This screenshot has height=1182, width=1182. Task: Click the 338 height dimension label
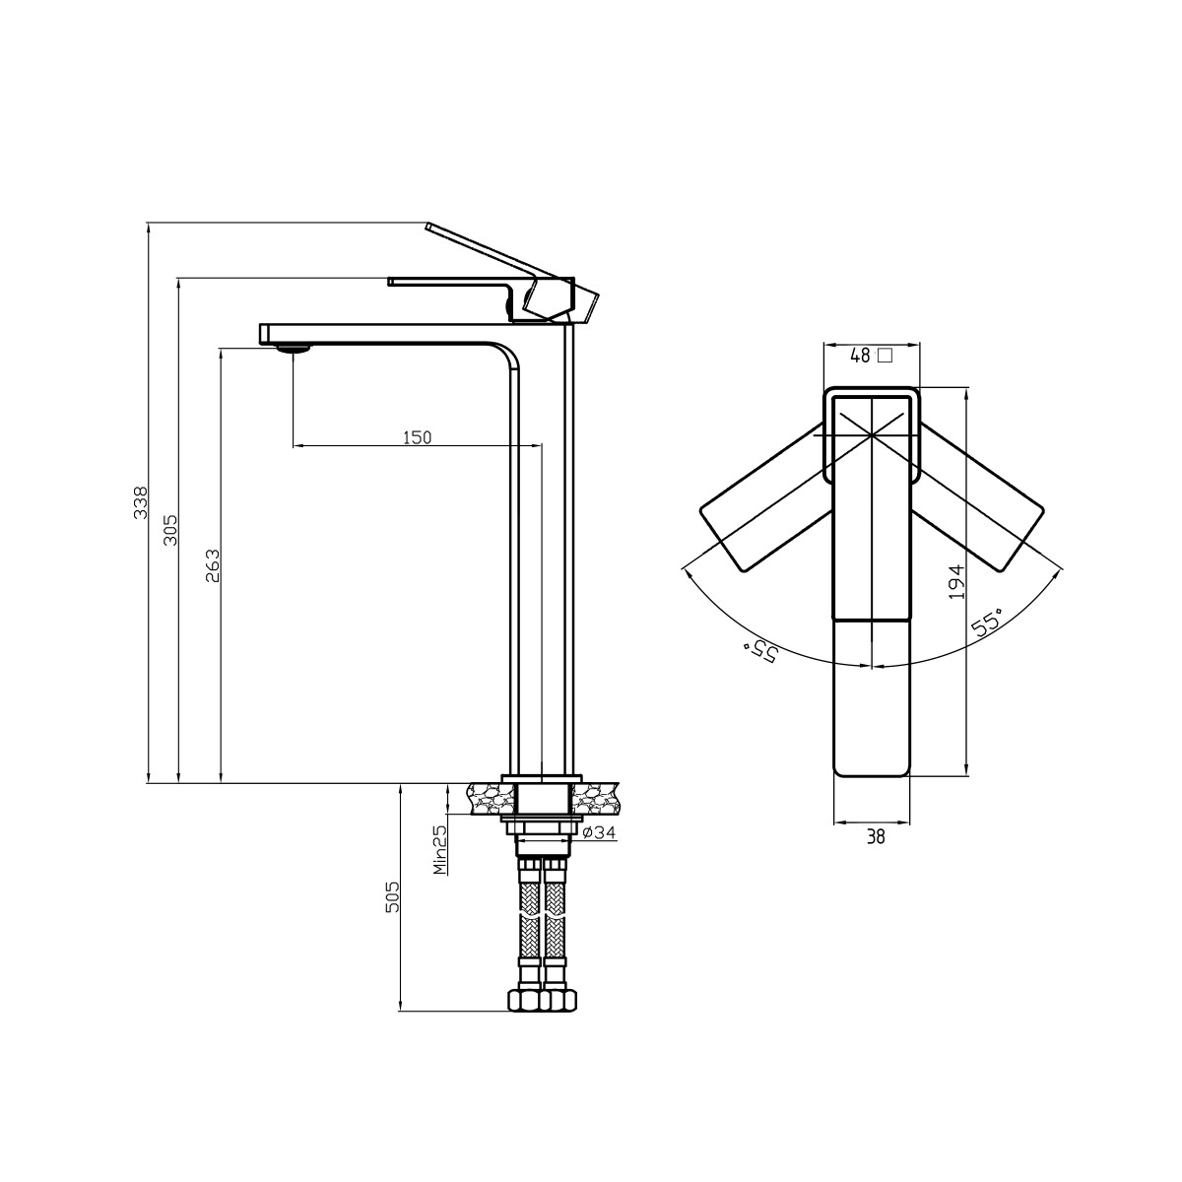pos(141,502)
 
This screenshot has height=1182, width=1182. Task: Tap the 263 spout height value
pos(212,565)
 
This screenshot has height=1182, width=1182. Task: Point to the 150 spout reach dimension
pos(417,437)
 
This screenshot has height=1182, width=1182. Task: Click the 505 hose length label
pos(392,896)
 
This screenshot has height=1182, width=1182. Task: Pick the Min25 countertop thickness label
pos(439,849)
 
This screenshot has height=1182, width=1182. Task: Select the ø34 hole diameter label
pos(599,832)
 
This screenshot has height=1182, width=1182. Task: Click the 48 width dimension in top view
pos(861,356)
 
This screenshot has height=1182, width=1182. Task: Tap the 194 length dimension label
pos(956,582)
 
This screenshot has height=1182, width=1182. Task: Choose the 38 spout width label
pos(876,836)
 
